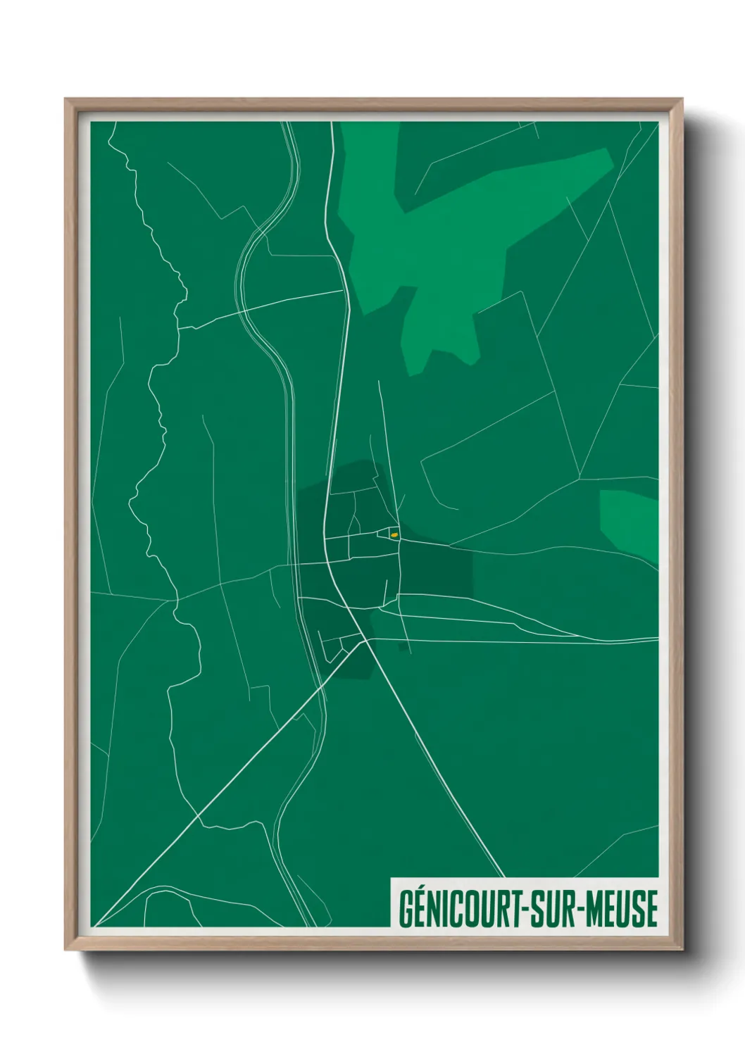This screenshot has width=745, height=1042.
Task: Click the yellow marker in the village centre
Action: (x=394, y=535)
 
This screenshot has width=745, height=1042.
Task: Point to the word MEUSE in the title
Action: (x=622, y=909)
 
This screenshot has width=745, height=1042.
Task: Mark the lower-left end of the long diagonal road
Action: (x=96, y=924)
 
